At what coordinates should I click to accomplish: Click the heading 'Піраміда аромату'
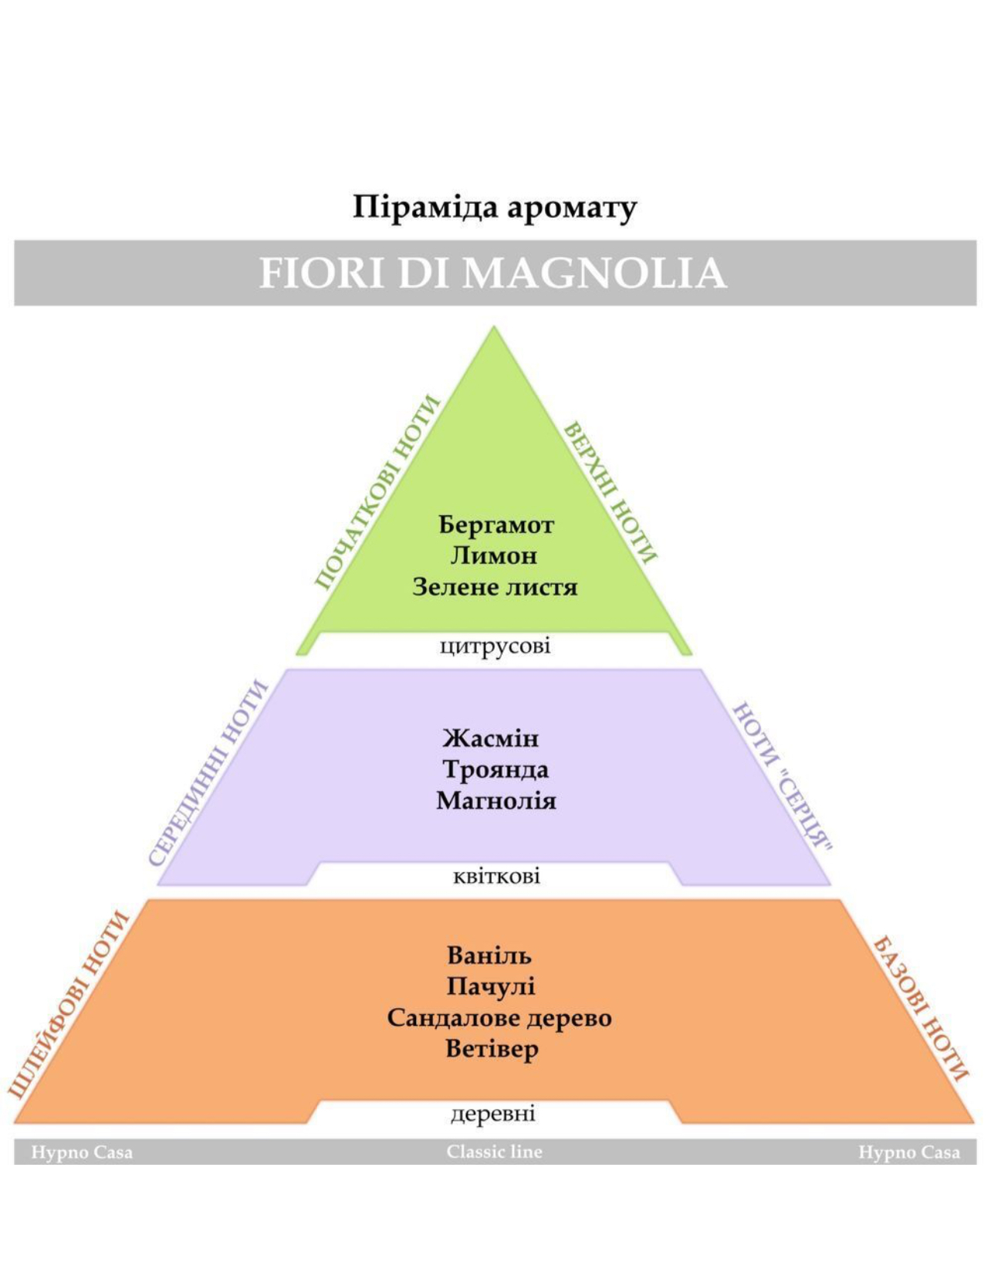495,209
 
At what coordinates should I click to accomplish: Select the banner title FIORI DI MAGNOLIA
493,273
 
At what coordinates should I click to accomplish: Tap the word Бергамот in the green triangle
496,524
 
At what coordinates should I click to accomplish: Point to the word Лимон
494,555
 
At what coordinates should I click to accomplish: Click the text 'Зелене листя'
495,587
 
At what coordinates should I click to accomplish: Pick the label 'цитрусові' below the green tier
495,647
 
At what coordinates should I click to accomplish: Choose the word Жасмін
491,738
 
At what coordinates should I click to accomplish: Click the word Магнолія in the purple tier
496,801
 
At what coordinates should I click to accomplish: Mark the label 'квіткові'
496,876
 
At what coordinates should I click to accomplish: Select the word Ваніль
489,955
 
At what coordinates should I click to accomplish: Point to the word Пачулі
491,986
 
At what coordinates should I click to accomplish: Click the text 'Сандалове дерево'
499,1018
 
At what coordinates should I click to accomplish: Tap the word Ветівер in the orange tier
492,1049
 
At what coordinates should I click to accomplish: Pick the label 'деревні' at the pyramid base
493,1114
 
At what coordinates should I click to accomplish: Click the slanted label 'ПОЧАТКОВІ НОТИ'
377,492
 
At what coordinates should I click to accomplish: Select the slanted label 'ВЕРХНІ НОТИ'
610,492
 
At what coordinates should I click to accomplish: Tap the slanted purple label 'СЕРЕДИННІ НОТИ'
208,773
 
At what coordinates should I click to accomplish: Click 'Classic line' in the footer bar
494,1152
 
